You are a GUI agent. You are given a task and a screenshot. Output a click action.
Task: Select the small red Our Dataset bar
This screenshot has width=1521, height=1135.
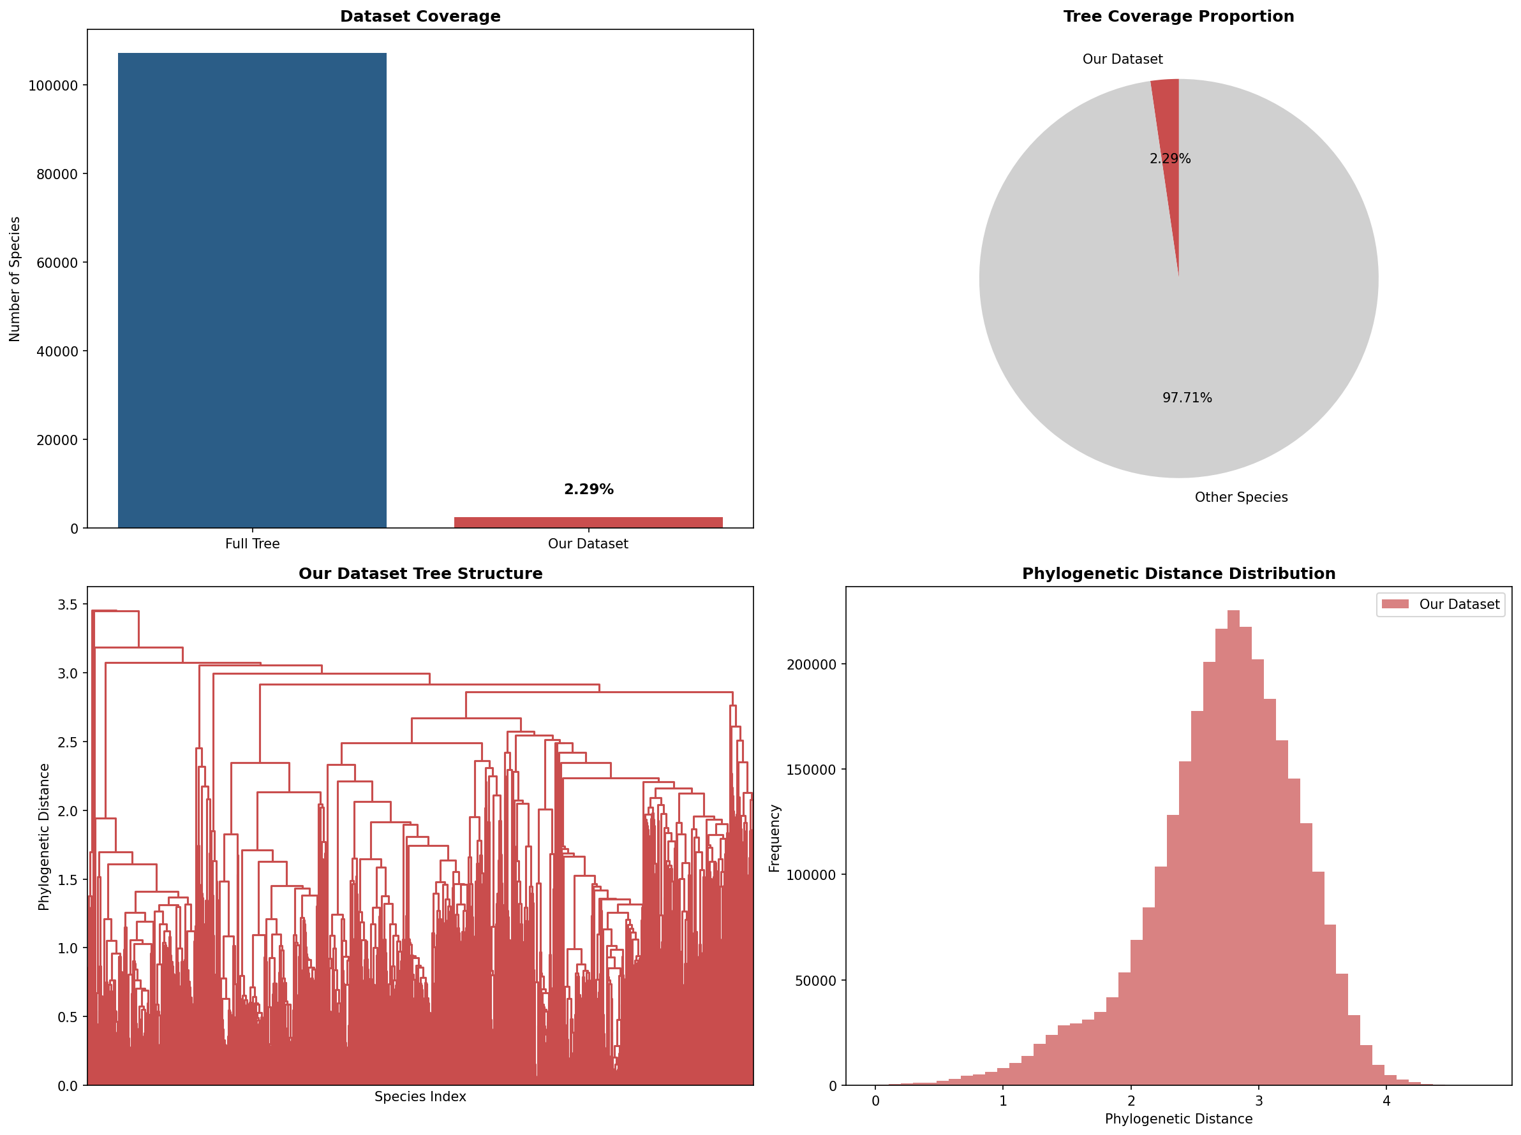[x=588, y=522]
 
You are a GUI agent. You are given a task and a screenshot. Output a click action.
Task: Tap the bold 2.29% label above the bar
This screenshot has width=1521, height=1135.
[x=588, y=489]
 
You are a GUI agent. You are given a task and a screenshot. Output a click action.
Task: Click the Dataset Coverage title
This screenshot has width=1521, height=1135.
[x=420, y=16]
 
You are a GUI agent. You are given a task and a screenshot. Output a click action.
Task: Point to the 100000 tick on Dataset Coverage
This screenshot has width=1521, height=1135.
[x=53, y=86]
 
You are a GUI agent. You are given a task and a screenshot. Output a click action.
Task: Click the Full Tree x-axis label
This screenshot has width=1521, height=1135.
[x=252, y=543]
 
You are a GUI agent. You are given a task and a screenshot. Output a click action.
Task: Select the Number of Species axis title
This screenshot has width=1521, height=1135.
[x=15, y=279]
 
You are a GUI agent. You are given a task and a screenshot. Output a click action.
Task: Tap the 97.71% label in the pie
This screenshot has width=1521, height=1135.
[x=1187, y=398]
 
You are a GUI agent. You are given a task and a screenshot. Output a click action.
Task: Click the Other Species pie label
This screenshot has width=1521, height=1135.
[x=1240, y=497]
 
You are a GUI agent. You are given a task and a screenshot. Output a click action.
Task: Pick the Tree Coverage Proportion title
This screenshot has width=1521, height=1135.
[x=1178, y=16]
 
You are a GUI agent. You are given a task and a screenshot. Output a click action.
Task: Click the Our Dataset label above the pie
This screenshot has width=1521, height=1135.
[x=1122, y=59]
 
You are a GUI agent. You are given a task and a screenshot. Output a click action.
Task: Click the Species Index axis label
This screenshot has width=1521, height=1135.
[x=420, y=1097]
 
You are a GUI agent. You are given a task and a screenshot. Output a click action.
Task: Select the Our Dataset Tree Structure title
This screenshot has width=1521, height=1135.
[x=420, y=574]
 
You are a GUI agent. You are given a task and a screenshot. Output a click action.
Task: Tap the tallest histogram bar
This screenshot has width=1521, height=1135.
[x=1233, y=845]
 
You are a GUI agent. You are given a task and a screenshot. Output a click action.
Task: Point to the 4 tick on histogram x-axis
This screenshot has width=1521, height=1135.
[x=1386, y=1101]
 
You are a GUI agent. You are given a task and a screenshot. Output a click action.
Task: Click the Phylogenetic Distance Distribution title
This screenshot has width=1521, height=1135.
[x=1178, y=574]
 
